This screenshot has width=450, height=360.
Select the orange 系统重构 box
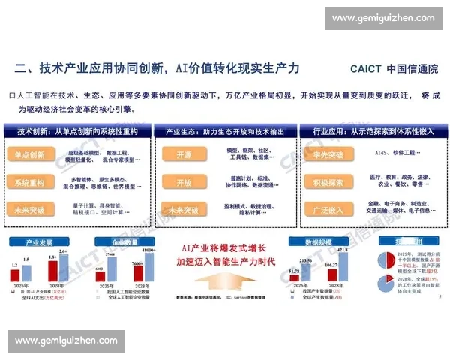(x=29, y=183)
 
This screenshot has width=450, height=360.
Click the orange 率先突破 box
(x=328, y=154)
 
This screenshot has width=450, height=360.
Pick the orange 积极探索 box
(x=328, y=183)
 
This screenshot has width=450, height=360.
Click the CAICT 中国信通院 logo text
(x=394, y=68)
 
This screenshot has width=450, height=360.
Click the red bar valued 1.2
(x=15, y=275)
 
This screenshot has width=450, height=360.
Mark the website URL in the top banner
(x=383, y=18)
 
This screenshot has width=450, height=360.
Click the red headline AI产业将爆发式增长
(x=211, y=246)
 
